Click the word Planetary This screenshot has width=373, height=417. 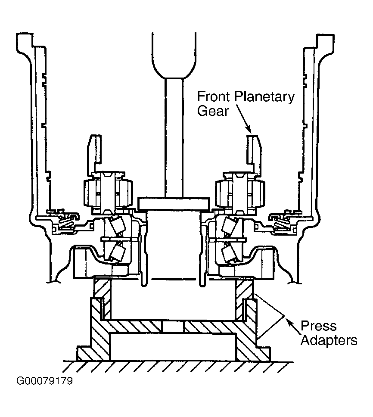(x=264, y=97)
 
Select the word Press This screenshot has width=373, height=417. (x=318, y=326)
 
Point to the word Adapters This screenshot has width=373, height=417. (x=329, y=340)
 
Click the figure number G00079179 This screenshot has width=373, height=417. (x=44, y=381)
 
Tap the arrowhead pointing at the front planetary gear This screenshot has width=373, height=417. (x=249, y=130)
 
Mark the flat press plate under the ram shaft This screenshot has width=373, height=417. (x=174, y=203)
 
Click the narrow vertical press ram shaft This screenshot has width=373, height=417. (x=174, y=138)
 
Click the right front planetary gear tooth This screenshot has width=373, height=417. (x=254, y=152)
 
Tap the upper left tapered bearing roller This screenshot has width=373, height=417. (x=118, y=226)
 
